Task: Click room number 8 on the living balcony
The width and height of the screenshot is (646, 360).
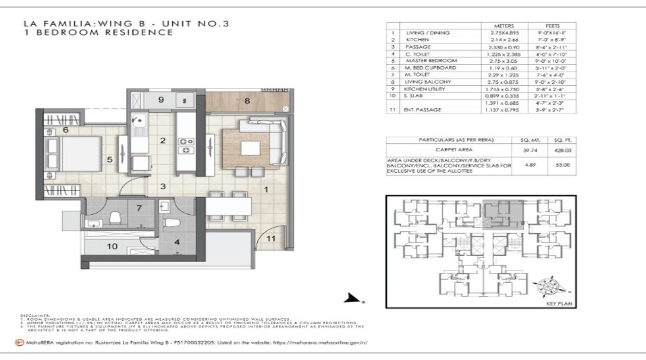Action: (x=248, y=102)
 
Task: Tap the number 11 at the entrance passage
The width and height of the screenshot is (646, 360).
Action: (x=271, y=238)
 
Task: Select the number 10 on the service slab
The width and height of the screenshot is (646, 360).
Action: (x=113, y=246)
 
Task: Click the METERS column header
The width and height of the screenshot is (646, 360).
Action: (x=504, y=26)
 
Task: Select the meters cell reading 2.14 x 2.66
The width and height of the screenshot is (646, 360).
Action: (x=504, y=40)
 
